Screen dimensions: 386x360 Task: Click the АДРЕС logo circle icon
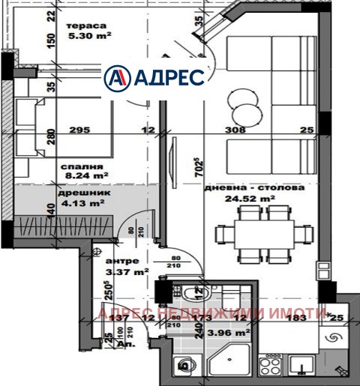click(116, 77)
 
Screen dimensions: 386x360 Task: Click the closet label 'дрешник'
click(77, 192)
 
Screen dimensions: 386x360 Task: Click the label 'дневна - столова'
click(254, 188)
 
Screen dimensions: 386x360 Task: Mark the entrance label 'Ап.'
click(109, 349)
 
